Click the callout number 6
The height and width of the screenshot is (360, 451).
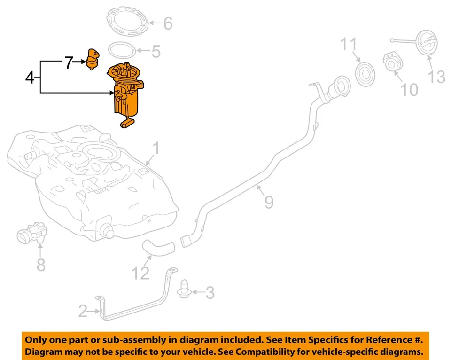point(168,23)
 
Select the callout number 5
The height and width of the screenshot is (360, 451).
point(155,51)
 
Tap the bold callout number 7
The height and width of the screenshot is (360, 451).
point(69,63)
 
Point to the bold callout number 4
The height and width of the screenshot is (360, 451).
point(30,77)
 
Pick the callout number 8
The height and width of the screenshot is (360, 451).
point(41,265)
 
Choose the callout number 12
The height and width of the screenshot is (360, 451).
point(140,272)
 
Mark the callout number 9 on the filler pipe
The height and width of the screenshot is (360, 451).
point(269,202)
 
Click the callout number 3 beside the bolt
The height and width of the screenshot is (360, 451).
point(210,293)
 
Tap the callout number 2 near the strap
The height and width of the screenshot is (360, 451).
point(83,311)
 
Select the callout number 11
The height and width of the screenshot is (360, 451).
point(349,45)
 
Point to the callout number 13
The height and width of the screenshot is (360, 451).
point(436,76)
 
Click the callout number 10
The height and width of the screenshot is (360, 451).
point(410,89)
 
